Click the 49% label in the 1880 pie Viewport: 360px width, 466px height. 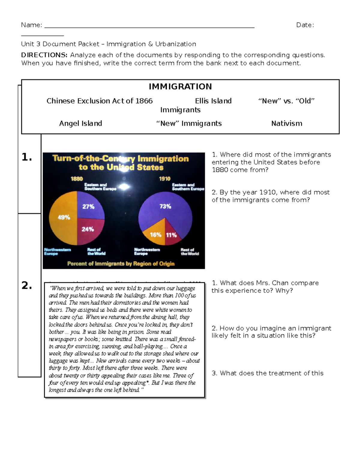coord(64,217)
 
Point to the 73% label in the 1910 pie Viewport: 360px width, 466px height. coord(165,206)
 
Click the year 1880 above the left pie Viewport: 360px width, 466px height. coord(76,179)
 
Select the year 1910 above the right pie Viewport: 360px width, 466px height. coord(164,179)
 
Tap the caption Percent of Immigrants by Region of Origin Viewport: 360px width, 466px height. coord(121,264)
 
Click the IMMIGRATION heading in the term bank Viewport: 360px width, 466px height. coord(180,87)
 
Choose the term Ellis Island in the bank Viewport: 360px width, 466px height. coord(213,101)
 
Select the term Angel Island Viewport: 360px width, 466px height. coord(80,123)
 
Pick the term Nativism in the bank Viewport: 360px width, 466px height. coord(286,123)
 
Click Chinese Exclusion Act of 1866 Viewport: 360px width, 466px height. coord(100,101)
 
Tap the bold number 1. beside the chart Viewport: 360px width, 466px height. coord(27,157)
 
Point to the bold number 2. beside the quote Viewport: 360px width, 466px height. coord(27,285)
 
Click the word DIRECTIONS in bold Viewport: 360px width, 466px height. coord(44,55)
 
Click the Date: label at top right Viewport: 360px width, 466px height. coord(305,25)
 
